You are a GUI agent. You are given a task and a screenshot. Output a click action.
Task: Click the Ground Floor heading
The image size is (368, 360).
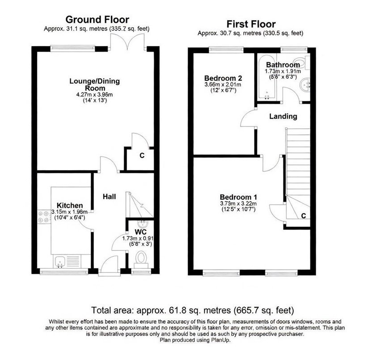(97, 19)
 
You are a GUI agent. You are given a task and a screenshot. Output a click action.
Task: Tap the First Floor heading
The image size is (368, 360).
(251, 24)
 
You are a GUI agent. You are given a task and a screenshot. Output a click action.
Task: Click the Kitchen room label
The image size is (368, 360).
(67, 205)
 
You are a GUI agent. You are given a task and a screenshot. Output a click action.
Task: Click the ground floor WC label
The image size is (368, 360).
(141, 232)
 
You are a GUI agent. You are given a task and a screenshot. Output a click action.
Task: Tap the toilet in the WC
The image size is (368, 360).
(141, 259)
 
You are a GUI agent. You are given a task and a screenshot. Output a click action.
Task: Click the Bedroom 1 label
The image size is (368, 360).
(238, 197)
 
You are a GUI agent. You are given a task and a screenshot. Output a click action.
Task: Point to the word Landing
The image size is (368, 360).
(283, 116)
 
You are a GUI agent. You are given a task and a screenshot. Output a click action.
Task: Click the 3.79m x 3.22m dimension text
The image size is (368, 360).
(238, 205)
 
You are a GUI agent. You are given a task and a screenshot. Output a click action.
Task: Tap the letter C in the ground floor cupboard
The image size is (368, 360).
(142, 156)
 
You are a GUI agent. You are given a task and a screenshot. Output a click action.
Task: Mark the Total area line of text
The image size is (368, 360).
(192, 310)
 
